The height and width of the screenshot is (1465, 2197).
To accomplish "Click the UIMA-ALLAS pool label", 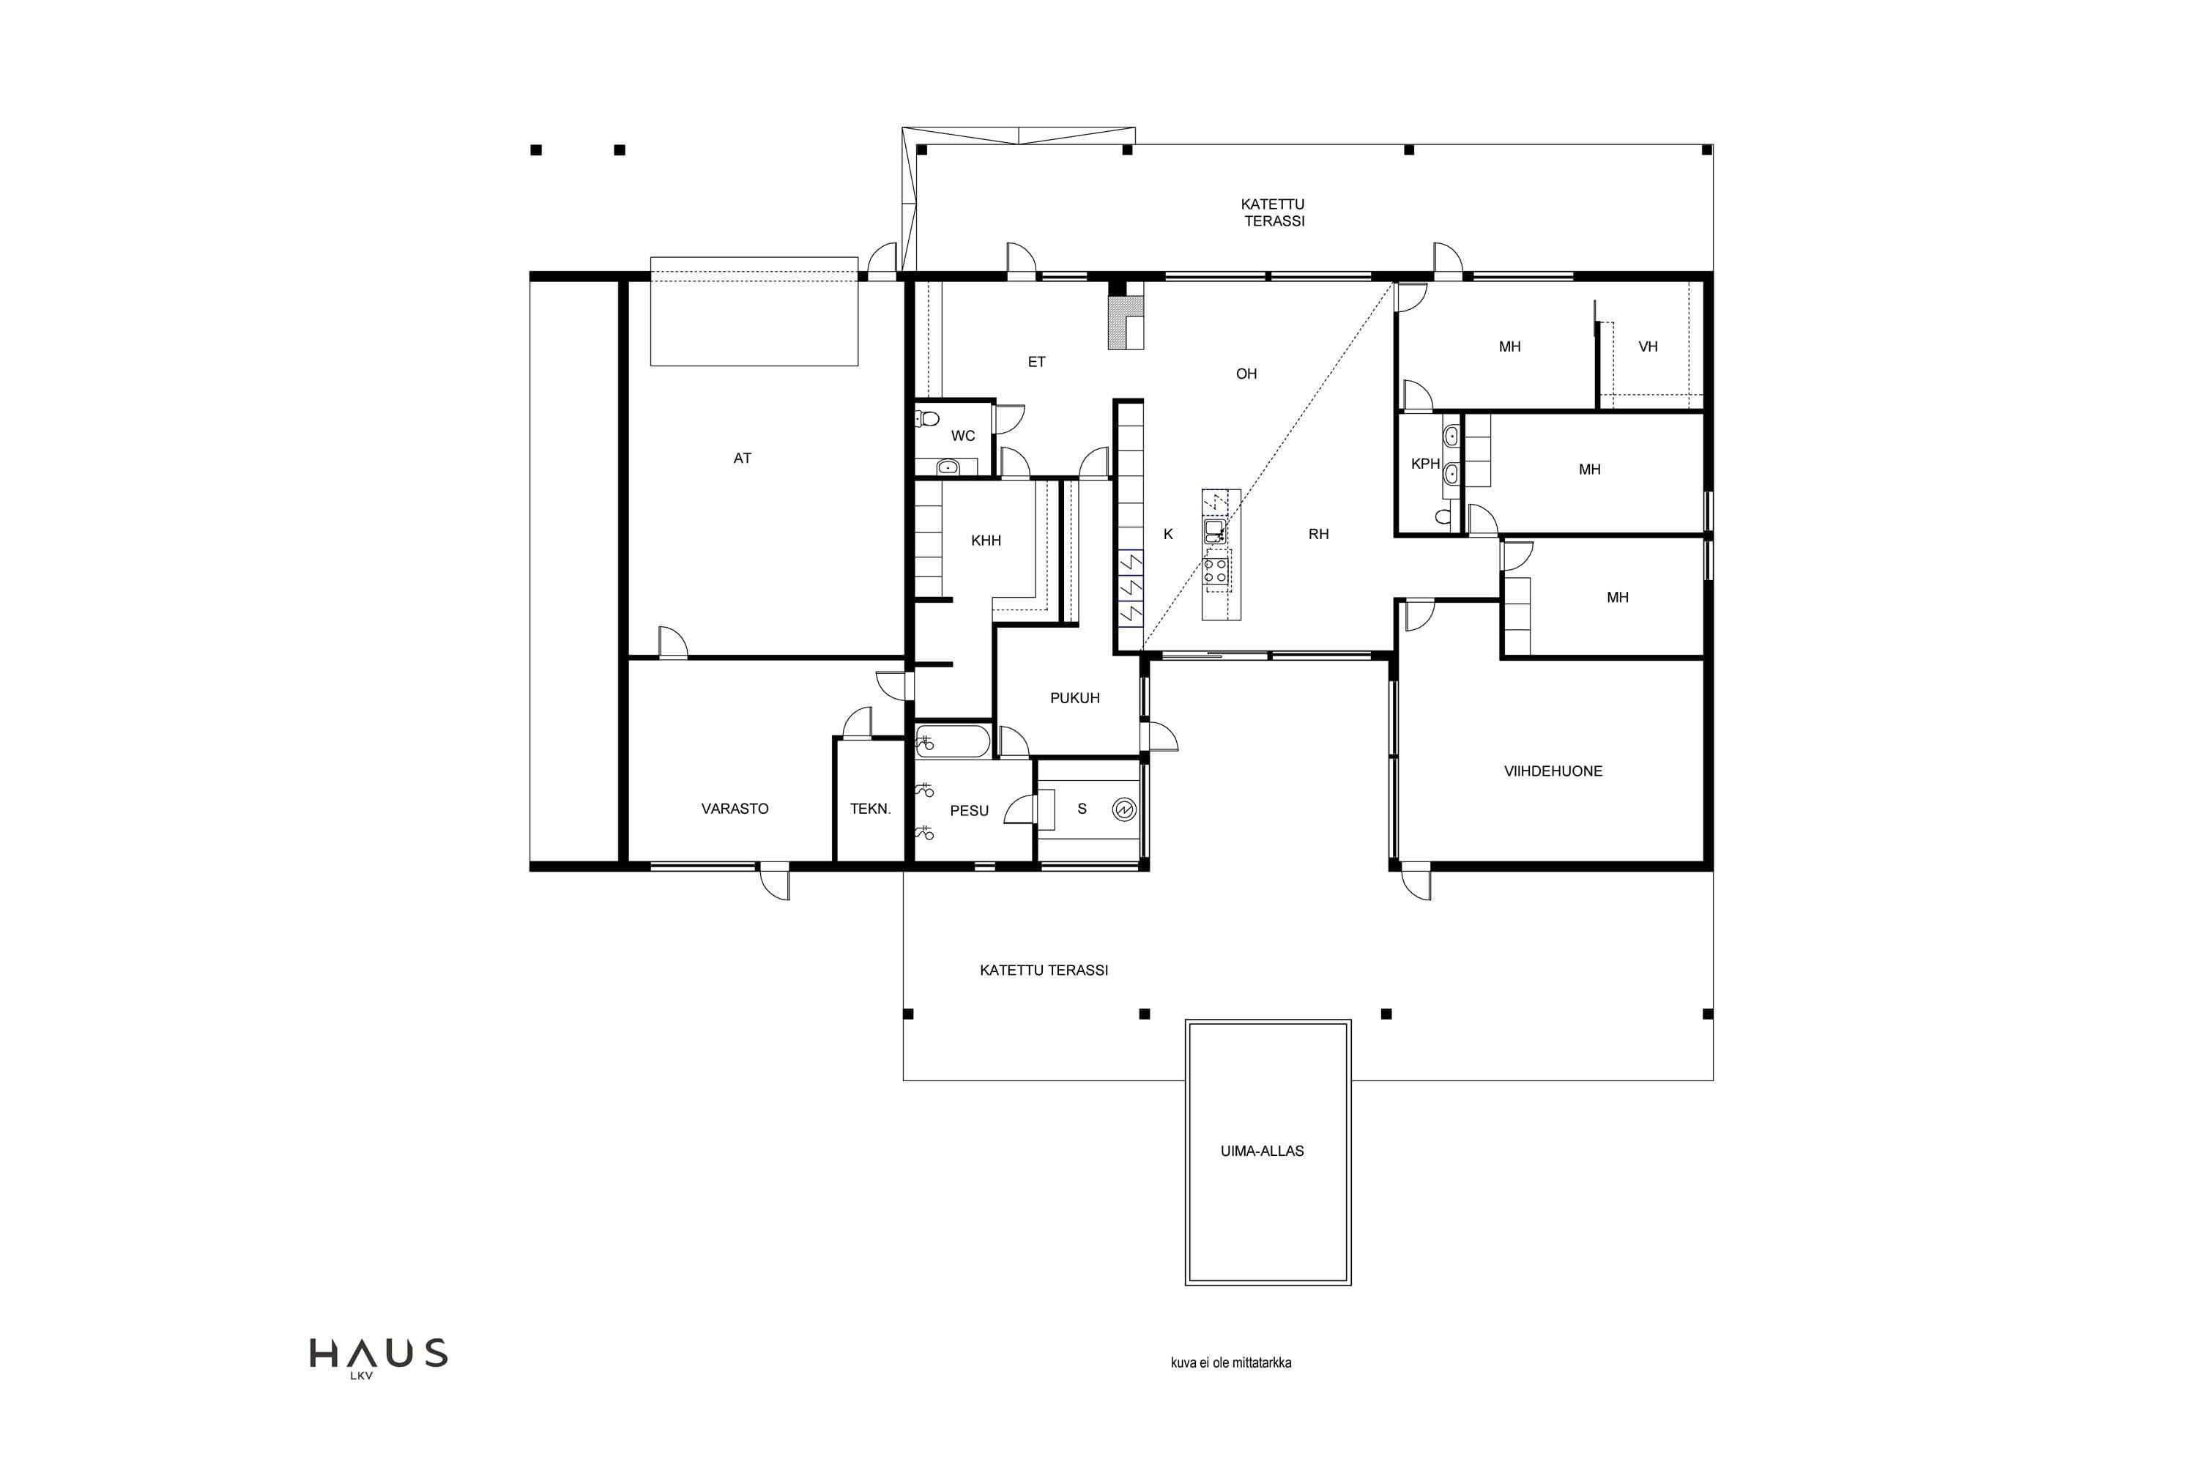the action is (1262, 1151).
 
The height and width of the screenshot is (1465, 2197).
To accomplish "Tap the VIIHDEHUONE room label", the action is (1553, 771).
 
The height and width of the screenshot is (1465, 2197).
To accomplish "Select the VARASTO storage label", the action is (735, 808).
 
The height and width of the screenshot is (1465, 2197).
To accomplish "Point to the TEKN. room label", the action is (871, 808).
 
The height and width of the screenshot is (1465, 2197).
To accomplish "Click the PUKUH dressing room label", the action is (1075, 698).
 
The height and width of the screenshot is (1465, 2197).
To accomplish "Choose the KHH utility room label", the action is (986, 540).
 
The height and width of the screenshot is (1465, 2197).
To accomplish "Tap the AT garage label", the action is (743, 458).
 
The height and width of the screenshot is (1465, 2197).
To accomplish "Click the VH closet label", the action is (1648, 346).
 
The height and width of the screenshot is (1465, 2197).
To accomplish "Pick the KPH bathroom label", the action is (1425, 464).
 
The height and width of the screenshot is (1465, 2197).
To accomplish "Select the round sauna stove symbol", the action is (1125, 809).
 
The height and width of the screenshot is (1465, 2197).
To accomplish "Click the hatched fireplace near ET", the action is (1126, 323).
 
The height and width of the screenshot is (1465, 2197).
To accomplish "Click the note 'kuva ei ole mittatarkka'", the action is (1231, 1362).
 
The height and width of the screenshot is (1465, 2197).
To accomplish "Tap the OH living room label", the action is (1246, 374).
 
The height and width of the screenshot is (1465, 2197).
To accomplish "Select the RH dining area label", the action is (1318, 535).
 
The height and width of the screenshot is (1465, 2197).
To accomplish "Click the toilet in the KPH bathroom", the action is (1444, 516).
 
